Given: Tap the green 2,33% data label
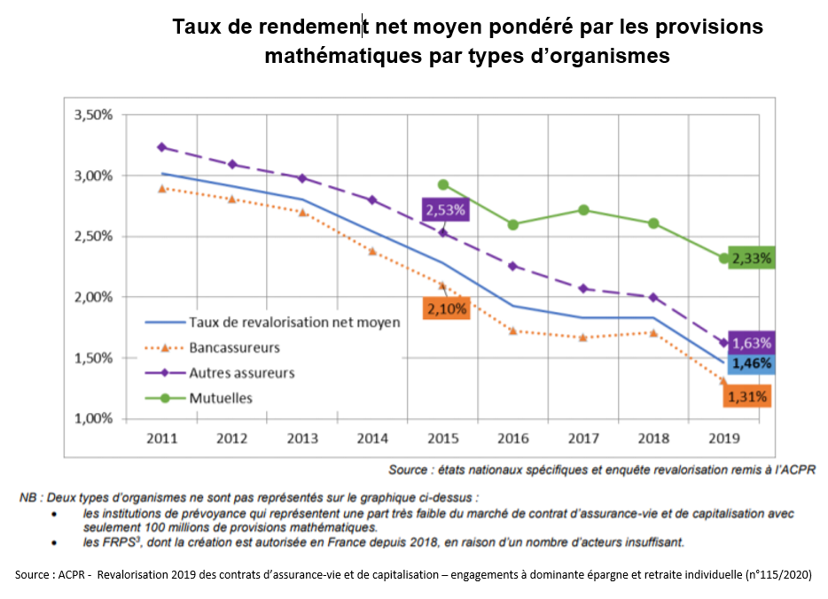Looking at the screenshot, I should pos(752,259).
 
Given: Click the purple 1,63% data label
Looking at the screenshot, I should pos(752,343).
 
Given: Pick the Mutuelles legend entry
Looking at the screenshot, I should pos(221,398).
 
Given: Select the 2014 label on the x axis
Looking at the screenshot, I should pos(372,438).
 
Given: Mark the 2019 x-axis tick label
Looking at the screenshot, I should pos(724,438).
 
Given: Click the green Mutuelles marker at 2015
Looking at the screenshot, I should pos(443,185).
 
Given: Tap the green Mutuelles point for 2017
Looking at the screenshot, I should pos(583,210).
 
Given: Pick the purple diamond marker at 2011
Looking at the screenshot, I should pos(162,147).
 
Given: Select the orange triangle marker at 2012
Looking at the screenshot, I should pos(232,199).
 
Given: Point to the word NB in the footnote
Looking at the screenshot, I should pos(28,498).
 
